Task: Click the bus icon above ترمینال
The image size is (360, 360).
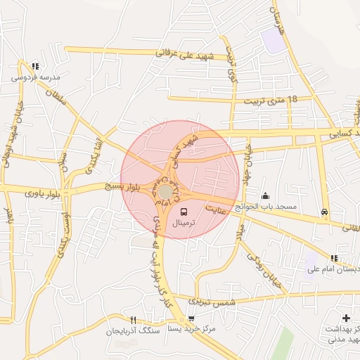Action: coord(184,212)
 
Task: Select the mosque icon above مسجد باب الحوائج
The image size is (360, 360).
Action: coord(265,195)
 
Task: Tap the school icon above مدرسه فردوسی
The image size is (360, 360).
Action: coord(36,66)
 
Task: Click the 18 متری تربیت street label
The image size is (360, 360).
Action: coord(270,101)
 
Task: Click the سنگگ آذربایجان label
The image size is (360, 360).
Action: coord(134,330)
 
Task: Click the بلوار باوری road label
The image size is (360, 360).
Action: coord(41,192)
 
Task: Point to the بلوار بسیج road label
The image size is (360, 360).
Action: coord(122,187)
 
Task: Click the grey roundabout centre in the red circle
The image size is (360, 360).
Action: coord(165,191)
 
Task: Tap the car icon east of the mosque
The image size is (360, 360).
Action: coord(323,212)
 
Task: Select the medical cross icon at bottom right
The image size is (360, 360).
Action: coord(346,319)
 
